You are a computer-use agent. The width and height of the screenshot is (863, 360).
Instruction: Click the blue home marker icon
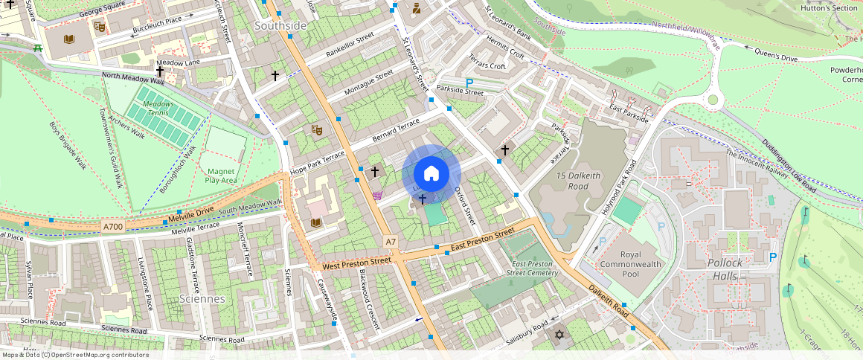(431, 174)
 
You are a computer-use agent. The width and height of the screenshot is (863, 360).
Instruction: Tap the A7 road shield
(391, 242)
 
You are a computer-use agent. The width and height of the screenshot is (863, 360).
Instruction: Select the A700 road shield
(114, 225)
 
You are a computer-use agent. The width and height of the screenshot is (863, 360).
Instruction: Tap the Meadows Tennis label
(158, 109)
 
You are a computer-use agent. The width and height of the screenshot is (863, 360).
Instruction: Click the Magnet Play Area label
(221, 176)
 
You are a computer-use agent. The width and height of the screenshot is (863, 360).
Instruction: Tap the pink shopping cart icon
(377, 196)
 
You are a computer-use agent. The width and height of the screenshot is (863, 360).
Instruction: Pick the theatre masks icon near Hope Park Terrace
(316, 130)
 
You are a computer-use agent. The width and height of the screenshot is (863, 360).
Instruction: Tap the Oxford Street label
(465, 205)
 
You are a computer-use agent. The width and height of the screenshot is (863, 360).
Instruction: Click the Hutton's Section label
(829, 8)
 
